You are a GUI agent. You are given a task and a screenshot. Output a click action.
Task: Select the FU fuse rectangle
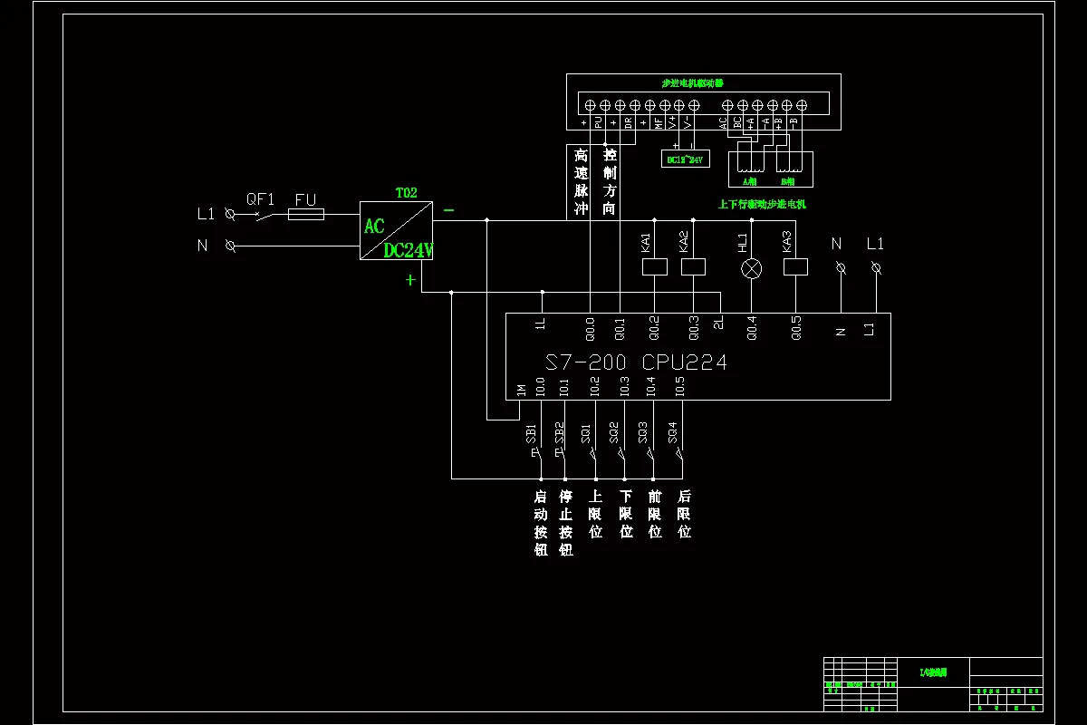[x=305, y=216]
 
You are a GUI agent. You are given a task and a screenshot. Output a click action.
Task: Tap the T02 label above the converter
[x=406, y=193]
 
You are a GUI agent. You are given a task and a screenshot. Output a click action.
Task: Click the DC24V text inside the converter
[x=408, y=250]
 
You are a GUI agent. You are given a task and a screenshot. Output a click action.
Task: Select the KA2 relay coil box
[x=693, y=267]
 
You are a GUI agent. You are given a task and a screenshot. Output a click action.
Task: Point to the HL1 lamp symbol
[x=752, y=268]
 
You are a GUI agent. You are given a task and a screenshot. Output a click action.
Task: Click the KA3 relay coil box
[x=795, y=267]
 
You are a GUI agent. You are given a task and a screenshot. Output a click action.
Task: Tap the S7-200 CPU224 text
[x=636, y=362]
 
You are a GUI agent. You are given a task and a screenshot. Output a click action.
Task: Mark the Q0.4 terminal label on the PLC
[x=751, y=326]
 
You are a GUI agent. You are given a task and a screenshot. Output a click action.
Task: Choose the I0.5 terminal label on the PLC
[x=680, y=386]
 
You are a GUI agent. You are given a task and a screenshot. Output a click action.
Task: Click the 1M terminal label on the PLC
[x=521, y=390]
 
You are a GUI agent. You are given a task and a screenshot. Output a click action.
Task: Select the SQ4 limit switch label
[x=672, y=432]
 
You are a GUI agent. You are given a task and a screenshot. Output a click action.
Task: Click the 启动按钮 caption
[x=541, y=523]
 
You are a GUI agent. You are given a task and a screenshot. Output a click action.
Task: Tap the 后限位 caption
[x=685, y=514]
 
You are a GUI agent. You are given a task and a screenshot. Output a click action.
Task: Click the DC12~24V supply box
[x=685, y=159]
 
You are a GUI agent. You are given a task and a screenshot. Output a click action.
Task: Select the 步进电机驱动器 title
[x=693, y=82]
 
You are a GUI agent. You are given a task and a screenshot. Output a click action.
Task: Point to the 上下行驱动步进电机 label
[x=762, y=205]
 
